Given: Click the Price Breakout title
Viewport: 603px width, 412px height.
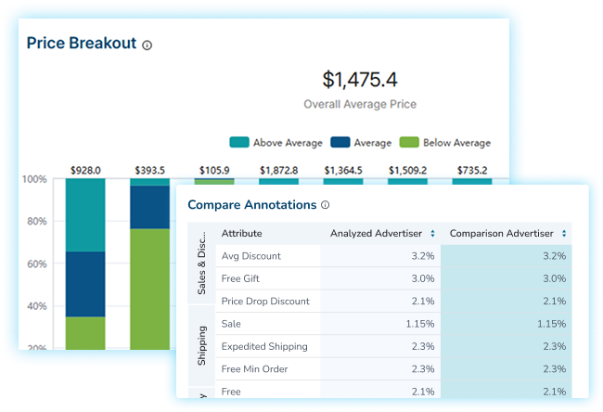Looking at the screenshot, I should (82, 44).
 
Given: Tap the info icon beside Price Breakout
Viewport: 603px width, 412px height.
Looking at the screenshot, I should (148, 45).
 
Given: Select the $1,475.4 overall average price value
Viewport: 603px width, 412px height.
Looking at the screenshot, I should (360, 80).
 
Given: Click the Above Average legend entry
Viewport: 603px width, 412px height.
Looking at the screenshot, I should (278, 143).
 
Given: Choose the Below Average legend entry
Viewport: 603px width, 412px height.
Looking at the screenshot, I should (446, 143).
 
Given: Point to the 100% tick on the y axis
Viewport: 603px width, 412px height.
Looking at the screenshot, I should (34, 179).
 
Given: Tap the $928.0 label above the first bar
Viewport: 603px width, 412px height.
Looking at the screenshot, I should (85, 171).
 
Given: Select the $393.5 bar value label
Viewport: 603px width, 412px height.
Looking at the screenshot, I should (149, 171).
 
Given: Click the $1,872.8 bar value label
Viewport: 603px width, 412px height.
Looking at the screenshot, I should (279, 171).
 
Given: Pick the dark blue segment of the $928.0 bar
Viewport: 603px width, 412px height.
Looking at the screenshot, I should (85, 284).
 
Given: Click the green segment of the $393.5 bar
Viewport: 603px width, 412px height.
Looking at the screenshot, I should (149, 288).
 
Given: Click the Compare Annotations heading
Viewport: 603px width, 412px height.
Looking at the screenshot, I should (252, 204).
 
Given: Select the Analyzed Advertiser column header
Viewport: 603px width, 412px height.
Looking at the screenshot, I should (376, 234).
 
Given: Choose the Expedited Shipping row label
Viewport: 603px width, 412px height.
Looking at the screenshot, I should (264, 347).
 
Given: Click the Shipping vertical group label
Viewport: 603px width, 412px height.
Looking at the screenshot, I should (201, 346).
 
